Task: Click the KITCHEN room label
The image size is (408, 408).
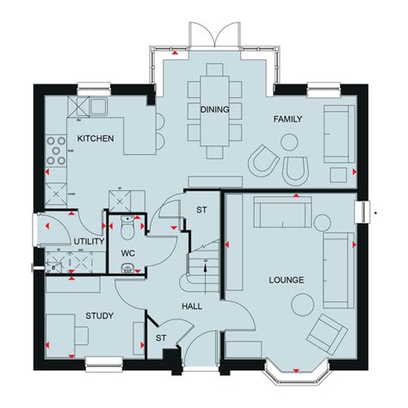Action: click(x=96, y=139)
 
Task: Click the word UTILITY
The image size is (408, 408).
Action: click(x=89, y=242)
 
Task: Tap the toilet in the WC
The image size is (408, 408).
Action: click(x=127, y=230)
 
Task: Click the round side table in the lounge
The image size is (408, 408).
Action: click(x=301, y=303)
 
